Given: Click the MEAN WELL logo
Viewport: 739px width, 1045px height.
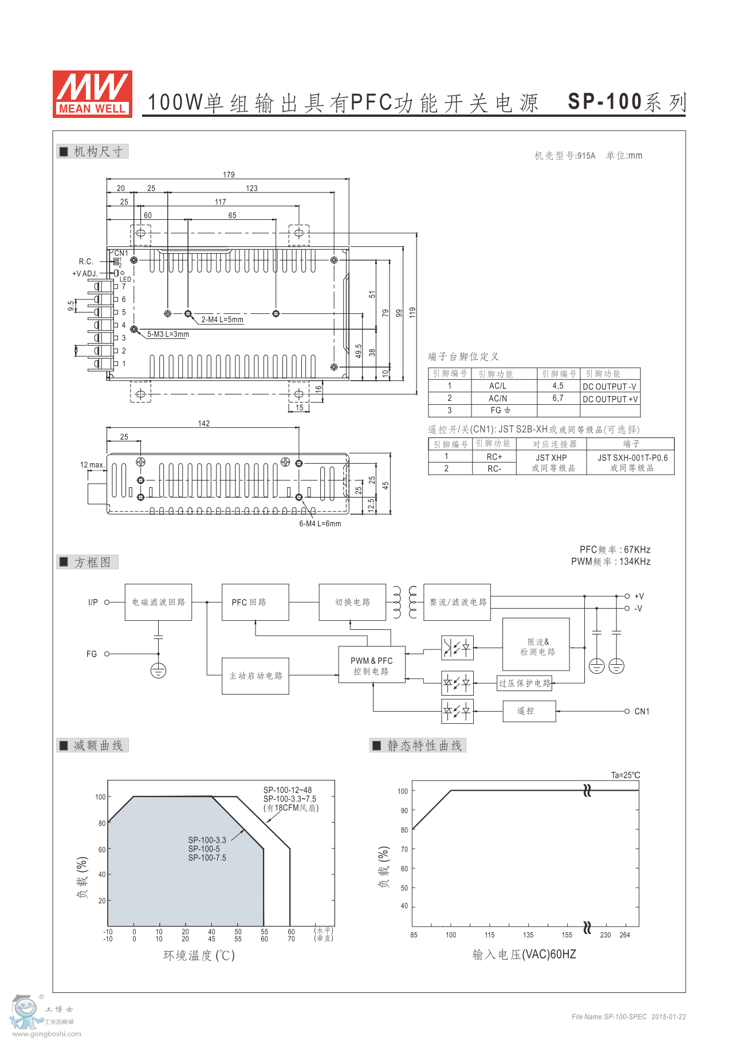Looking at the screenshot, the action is coord(92,94).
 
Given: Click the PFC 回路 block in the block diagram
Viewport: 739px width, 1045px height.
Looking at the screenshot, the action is coord(255,602).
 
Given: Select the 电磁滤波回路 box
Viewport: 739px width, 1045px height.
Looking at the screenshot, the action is coord(159,602).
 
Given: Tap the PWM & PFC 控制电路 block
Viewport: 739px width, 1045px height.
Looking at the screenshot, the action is coord(372,665).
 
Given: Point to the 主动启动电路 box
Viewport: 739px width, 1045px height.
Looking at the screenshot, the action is coord(255,676).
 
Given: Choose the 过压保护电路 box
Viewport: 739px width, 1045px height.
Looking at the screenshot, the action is coord(524,683).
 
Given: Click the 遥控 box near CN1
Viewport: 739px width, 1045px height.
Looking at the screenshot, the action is coord(529,711).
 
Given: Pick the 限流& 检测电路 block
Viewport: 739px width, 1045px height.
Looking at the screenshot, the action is coord(536,644).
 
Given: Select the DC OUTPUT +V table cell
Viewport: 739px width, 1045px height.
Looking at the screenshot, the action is coord(610,399).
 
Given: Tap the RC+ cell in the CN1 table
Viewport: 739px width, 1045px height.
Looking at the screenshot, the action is coord(494,457).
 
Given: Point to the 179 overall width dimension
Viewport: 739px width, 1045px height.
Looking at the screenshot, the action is coord(229,175).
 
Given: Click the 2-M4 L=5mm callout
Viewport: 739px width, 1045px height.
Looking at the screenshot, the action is coord(222,320).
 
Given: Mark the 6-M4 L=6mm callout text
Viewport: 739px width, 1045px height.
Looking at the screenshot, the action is coord(320,523).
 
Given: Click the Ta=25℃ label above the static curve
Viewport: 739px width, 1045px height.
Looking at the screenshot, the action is coord(626,775).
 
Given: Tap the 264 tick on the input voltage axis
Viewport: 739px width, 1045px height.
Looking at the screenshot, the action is coord(624,935).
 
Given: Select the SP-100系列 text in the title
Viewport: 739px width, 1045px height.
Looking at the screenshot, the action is coord(627,102).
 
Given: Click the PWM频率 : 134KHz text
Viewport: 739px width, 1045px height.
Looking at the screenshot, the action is coord(611,562).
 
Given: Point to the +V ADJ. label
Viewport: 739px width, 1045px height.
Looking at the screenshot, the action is coord(85,274).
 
